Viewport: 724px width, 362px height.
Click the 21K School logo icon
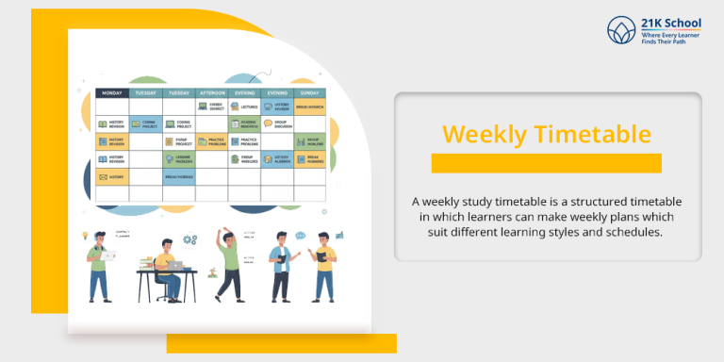(621, 30)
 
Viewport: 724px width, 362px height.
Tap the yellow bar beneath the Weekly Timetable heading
(546, 163)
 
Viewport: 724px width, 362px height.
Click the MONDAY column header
(112, 93)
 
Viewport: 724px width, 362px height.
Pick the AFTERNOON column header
(211, 93)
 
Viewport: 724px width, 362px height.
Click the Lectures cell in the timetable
(244, 107)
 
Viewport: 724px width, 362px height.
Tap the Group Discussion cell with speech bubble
(277, 123)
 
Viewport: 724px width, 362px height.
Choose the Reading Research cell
(244, 123)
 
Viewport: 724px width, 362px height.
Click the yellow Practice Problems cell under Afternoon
(211, 141)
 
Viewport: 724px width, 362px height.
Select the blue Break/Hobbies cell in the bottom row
(178, 176)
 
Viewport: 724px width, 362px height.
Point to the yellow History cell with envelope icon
(112, 176)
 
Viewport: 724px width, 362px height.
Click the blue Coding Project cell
(145, 123)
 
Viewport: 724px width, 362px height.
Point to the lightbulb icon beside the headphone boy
(85, 234)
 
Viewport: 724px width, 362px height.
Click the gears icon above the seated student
(189, 240)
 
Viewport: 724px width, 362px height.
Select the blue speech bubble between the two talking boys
(299, 253)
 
